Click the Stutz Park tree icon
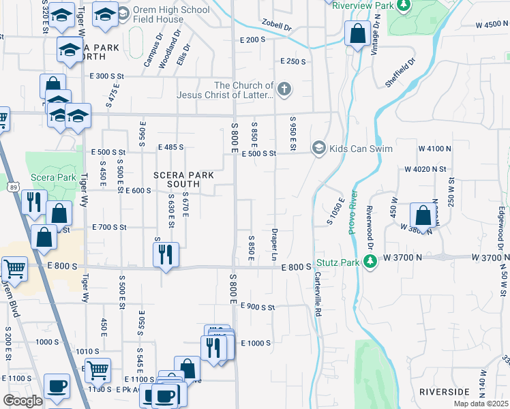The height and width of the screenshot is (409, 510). point(370,262)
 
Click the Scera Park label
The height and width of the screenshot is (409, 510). point(53,177)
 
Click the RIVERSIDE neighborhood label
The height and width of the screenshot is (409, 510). point(445,392)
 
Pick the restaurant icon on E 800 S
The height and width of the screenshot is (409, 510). point(166,254)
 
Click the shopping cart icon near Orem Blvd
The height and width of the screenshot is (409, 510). point(14,269)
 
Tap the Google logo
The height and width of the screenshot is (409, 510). point(22,401)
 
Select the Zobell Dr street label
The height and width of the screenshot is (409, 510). point(275,28)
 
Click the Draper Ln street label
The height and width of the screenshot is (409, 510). point(275,243)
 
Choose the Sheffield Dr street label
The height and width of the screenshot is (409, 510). point(400,72)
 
